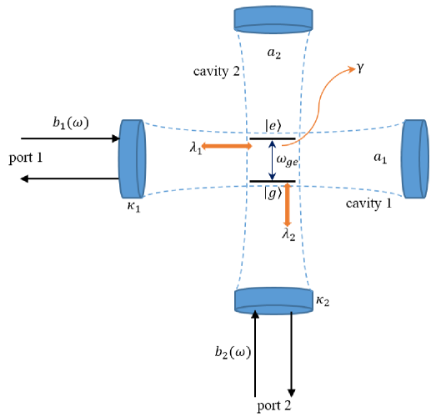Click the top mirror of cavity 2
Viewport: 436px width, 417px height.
pyautogui.click(x=274, y=18)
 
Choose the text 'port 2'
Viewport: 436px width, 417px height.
pyautogui.click(x=274, y=406)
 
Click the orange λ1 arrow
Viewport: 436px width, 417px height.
pyautogui.click(x=227, y=147)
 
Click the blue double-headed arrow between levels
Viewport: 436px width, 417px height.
pyautogui.click(x=270, y=159)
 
